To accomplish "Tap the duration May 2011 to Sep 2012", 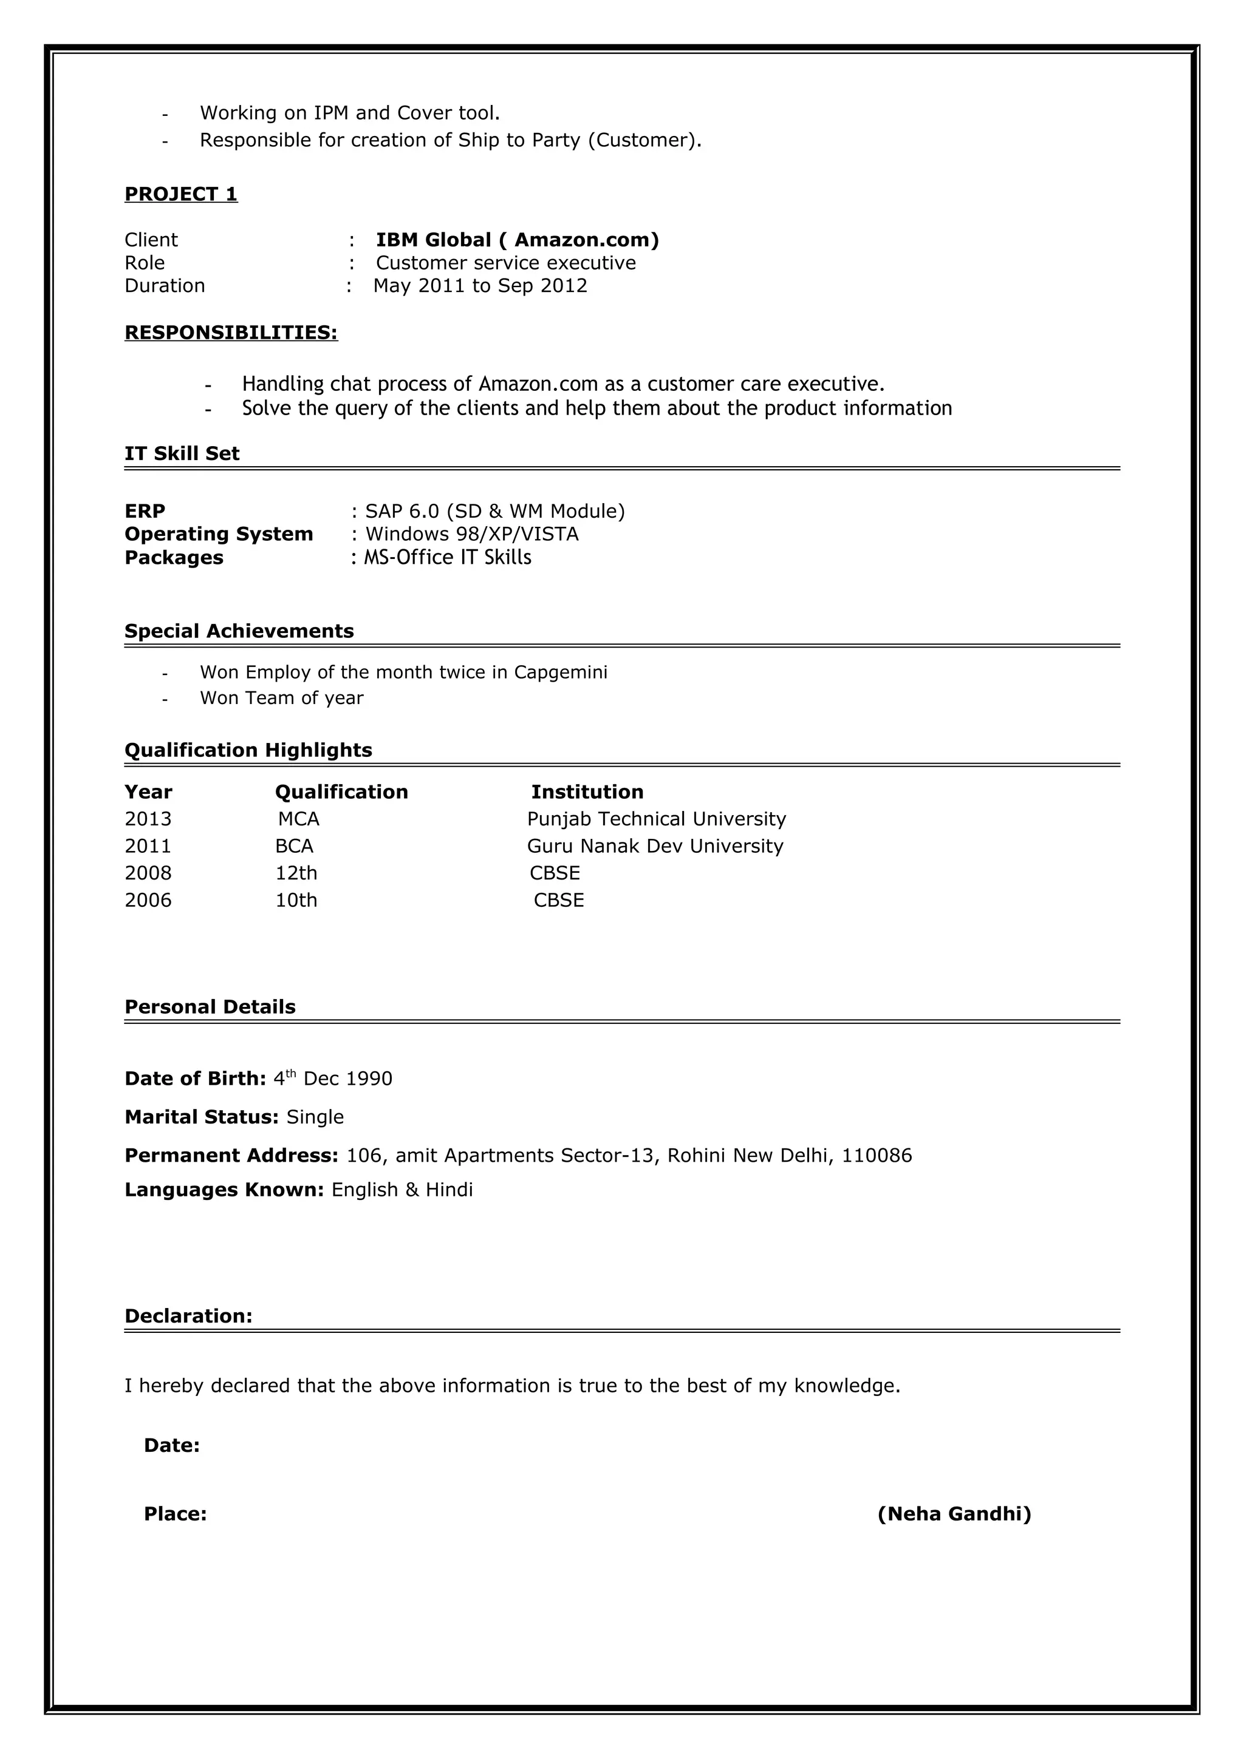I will (x=480, y=286).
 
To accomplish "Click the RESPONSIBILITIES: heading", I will (x=231, y=333).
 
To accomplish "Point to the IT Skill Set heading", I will (x=182, y=453).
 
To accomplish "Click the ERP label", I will (x=145, y=511).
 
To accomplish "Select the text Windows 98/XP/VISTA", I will (x=471, y=534).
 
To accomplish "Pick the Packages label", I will (x=174, y=558).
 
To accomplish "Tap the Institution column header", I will (x=587, y=791).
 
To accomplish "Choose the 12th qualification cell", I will (x=296, y=873).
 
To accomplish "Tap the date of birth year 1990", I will (x=369, y=1079).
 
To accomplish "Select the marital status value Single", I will (x=315, y=1117).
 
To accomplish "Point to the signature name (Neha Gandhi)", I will (x=954, y=1514).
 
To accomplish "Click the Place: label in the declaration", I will (x=175, y=1514).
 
